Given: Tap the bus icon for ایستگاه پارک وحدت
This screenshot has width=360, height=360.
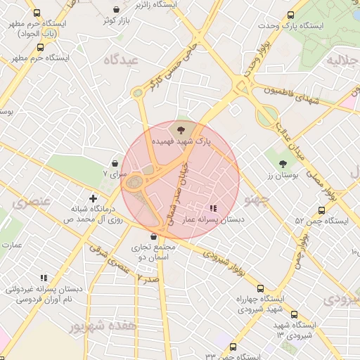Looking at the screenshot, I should tap(290, 15).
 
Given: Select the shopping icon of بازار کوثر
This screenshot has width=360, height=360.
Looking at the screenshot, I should tap(116, 10).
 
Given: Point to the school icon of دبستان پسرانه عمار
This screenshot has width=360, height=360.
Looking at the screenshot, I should tap(213, 208).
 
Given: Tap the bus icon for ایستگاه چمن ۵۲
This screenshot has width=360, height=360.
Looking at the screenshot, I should tap(321, 210).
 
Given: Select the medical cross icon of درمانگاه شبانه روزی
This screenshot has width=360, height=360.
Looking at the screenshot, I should tap(93, 199).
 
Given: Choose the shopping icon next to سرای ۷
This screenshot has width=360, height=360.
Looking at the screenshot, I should tap(115, 163).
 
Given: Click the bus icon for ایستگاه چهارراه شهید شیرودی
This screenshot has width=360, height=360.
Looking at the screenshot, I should tap(260, 288).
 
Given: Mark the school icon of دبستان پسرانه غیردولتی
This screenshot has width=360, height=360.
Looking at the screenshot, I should tap(44, 278).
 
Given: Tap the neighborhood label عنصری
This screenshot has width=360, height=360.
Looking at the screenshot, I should tap(32, 201).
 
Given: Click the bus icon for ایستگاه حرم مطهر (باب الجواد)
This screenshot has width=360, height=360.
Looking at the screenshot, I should tap(37, 13).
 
